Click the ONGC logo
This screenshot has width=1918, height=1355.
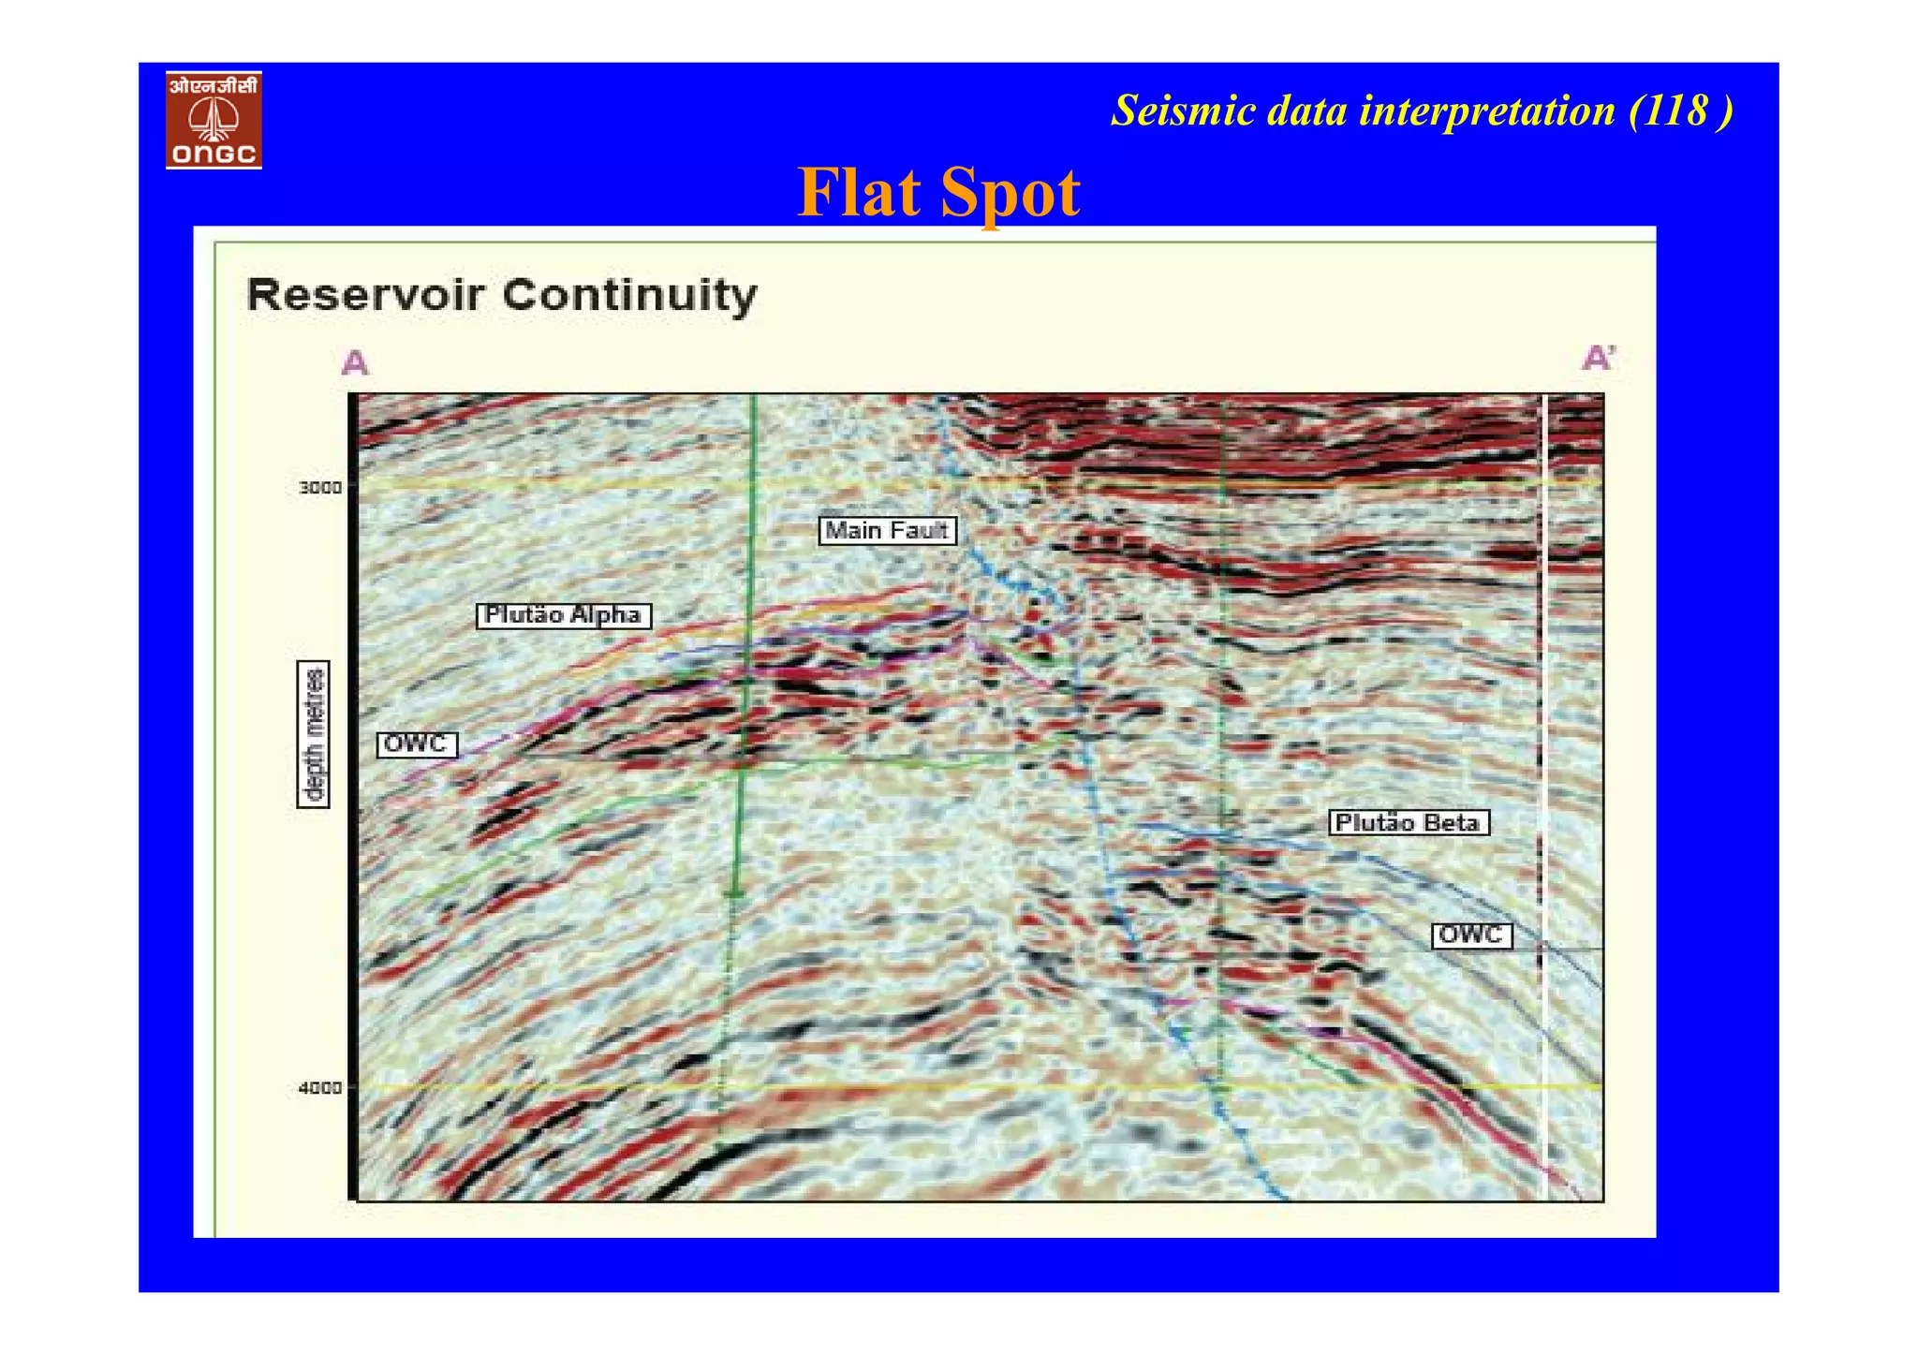(214, 120)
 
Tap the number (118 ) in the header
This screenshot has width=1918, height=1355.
(1680, 111)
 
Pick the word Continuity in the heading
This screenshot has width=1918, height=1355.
(629, 295)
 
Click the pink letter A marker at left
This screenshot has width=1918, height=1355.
(355, 362)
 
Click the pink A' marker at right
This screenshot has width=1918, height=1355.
(1599, 358)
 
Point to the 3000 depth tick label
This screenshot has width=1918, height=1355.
(319, 487)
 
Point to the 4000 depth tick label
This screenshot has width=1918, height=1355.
(319, 1088)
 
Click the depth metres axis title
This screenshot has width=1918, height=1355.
(314, 733)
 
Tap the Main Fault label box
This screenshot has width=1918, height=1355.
(887, 531)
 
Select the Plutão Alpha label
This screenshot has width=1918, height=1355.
(564, 615)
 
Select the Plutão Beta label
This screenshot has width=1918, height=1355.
(1408, 823)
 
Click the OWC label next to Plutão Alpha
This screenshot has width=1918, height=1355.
(416, 744)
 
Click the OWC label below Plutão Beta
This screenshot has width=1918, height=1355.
(1471, 935)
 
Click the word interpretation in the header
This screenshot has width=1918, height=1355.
(1487, 111)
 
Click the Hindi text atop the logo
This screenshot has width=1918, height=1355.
(214, 86)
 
